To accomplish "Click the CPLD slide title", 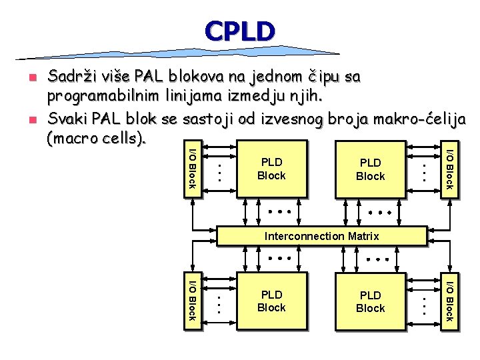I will [240, 31].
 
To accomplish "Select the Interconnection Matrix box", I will [321, 236].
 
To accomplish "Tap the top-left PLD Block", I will [271, 169].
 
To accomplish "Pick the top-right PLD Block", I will [370, 169].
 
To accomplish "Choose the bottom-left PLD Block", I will [271, 301].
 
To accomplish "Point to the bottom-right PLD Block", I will [370, 301].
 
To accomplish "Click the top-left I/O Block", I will [191, 165].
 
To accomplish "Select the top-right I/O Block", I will [449, 165].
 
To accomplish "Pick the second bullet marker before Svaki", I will [30, 121].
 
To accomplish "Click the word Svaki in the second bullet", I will [67, 119].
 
